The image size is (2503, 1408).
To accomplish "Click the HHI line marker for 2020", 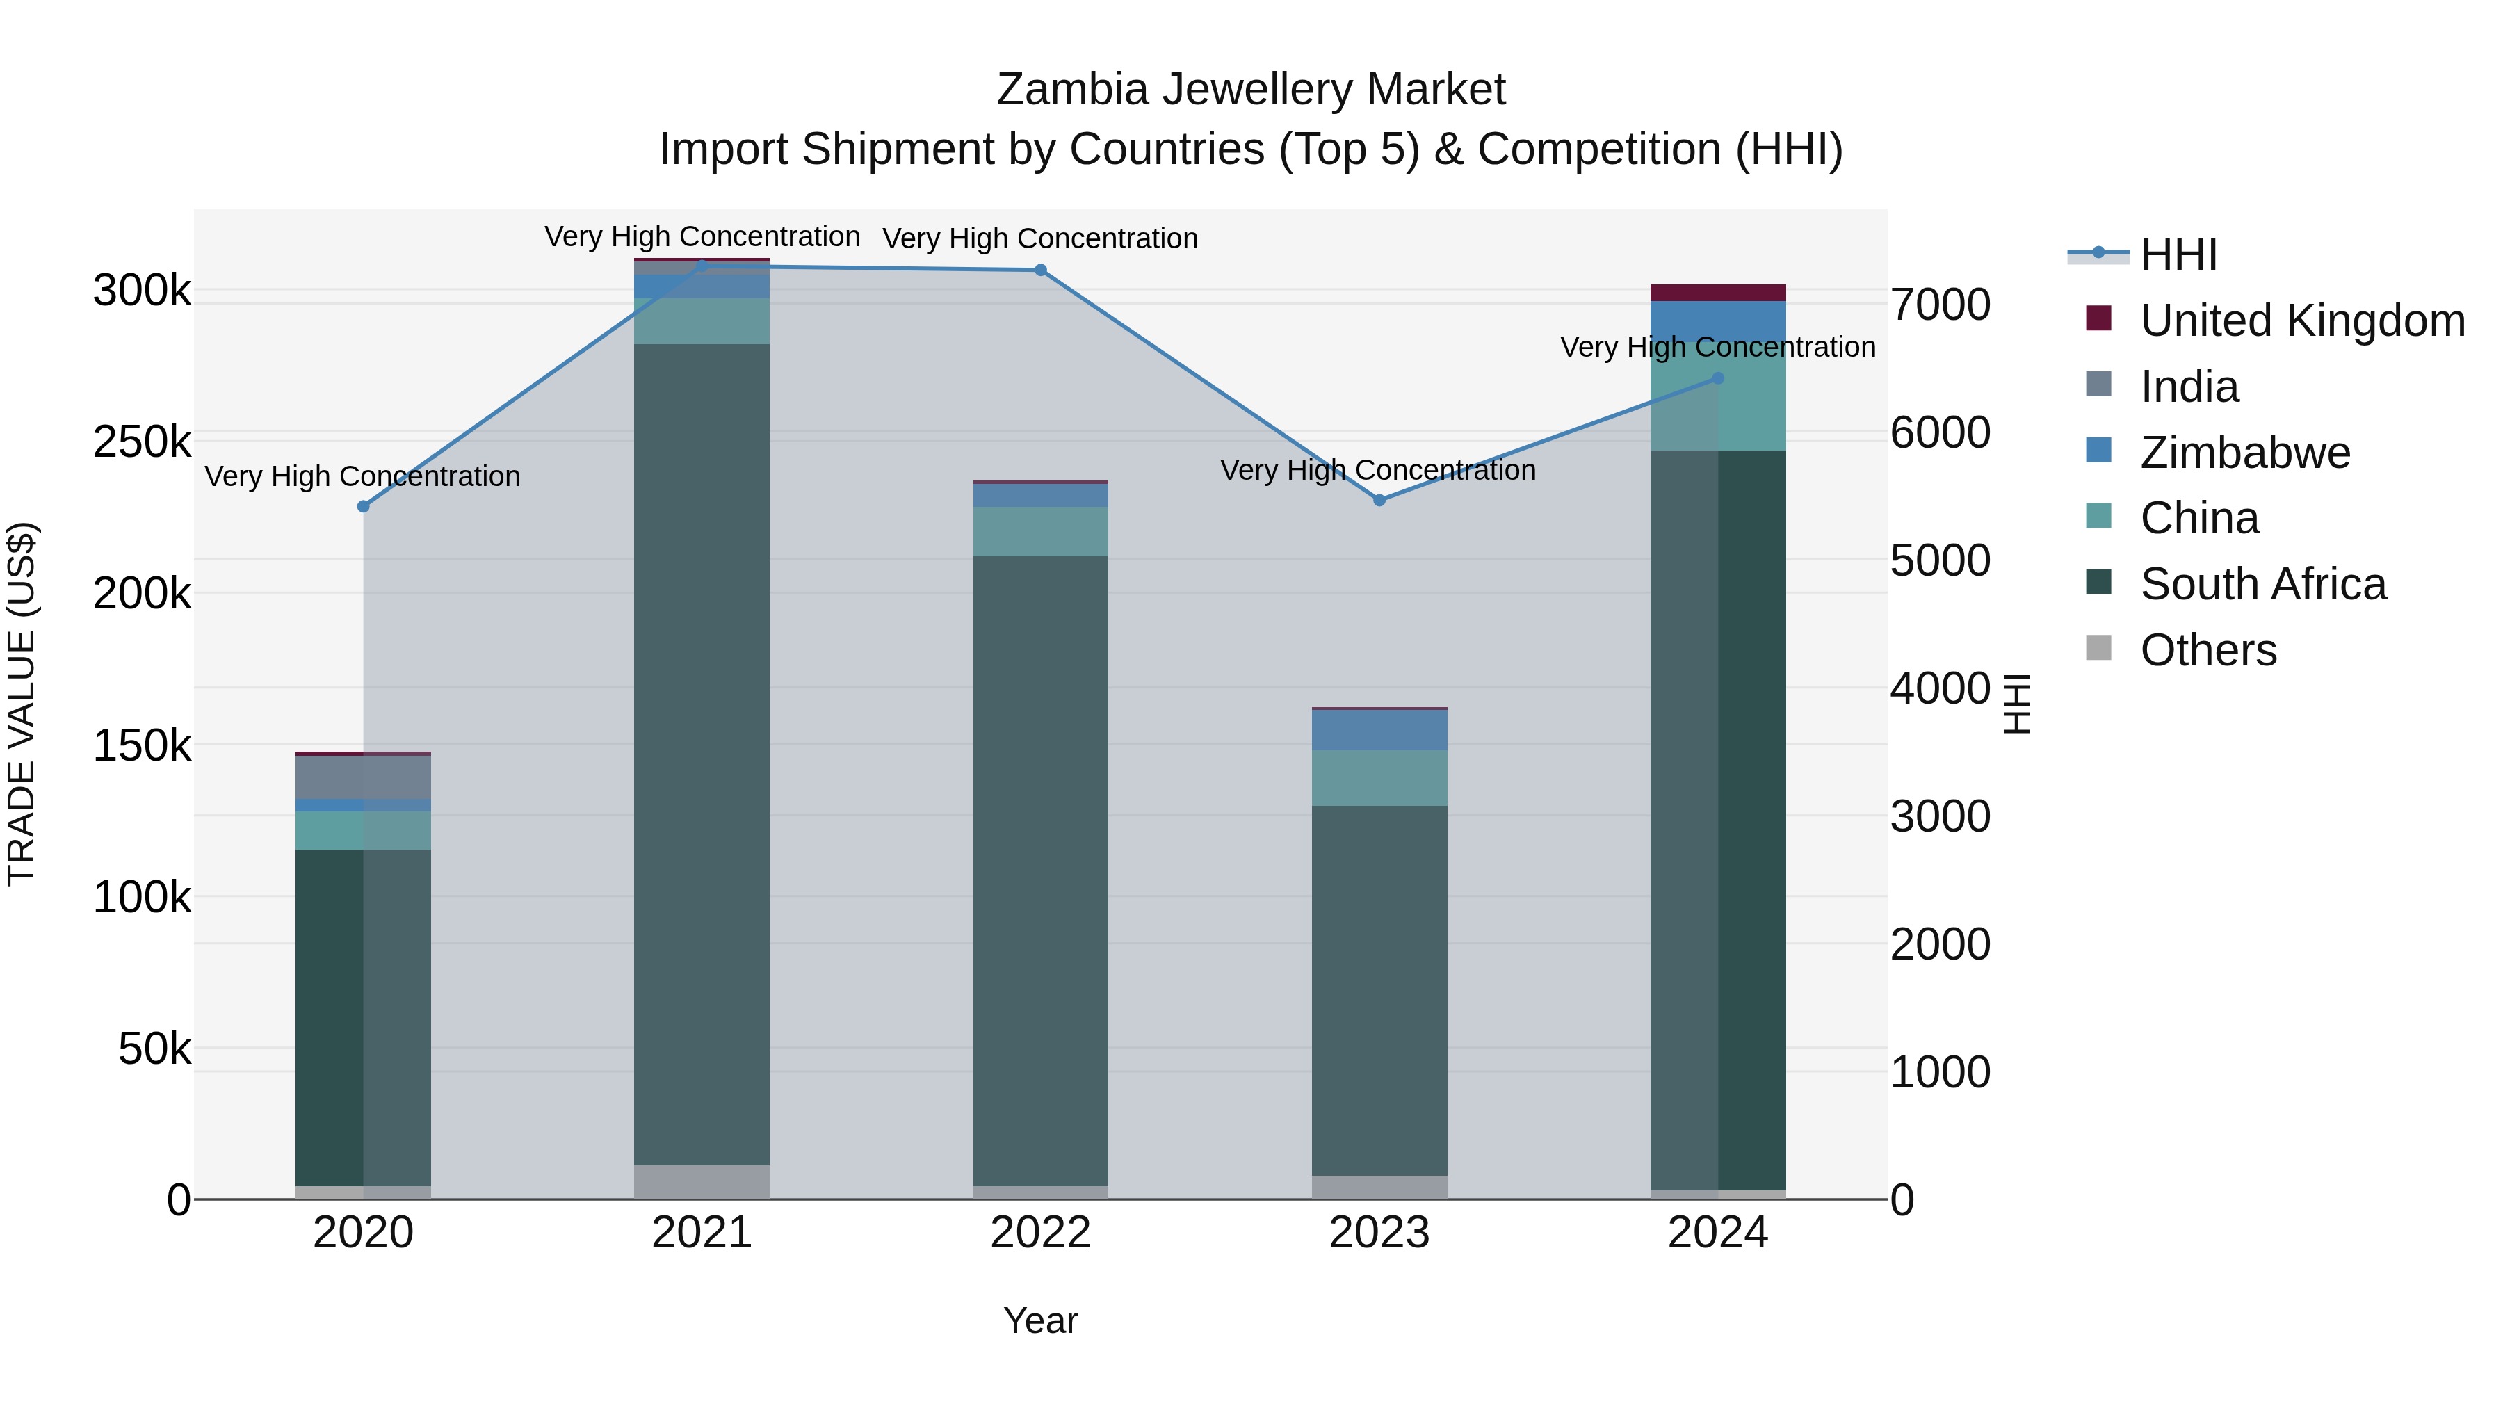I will pyautogui.click(x=364, y=506).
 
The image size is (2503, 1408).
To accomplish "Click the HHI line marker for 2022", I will pyautogui.click(x=1041, y=270).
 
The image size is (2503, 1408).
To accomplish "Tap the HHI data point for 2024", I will pyautogui.click(x=1718, y=378).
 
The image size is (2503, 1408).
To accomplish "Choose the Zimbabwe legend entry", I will pyautogui.click(x=2244, y=453).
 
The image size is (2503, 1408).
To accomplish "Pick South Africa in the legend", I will pyautogui.click(x=2262, y=584).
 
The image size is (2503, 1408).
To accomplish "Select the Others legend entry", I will pyautogui.click(x=2208, y=650).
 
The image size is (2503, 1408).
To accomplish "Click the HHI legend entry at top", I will pyautogui.click(x=2178, y=254).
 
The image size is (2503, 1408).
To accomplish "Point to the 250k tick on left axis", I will pyautogui.click(x=142, y=442).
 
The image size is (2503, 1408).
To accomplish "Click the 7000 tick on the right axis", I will pyautogui.click(x=1939, y=304).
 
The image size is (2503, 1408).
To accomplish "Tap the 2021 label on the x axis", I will pyautogui.click(x=702, y=1233).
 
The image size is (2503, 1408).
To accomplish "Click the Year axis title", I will pyautogui.click(x=1039, y=1320).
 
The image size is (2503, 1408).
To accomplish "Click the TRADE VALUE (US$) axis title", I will pyautogui.click(x=22, y=704).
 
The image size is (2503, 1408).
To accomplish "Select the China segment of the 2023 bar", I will pyautogui.click(x=1379, y=777).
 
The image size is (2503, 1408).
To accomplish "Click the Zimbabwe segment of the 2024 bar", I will pyautogui.click(x=1718, y=318).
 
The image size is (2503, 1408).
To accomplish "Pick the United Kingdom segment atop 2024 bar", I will pyautogui.click(x=1718, y=293).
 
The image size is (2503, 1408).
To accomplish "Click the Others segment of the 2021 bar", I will pyautogui.click(x=702, y=1181).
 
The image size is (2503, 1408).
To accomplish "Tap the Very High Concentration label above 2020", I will pyautogui.click(x=362, y=476).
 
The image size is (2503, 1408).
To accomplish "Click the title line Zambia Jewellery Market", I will pyautogui.click(x=1251, y=90).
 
